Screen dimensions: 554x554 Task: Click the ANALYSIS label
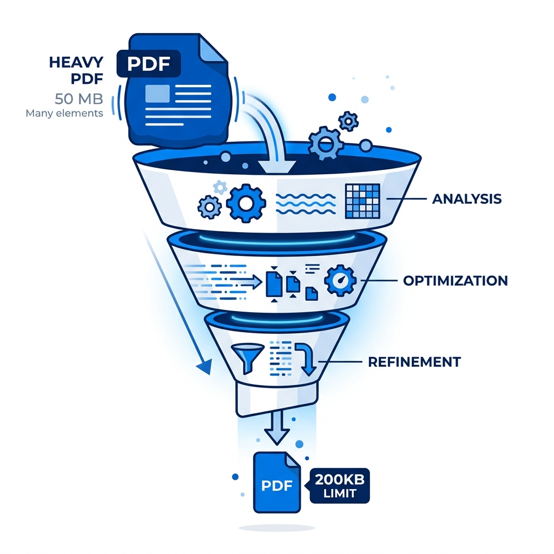[x=467, y=199]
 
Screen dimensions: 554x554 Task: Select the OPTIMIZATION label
[x=456, y=281]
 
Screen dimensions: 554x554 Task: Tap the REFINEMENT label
[x=414, y=362]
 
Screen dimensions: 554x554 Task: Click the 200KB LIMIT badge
[x=339, y=486]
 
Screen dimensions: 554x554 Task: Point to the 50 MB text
[x=79, y=99]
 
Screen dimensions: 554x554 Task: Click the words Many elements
[x=64, y=114]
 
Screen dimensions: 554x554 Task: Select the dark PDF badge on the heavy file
[x=149, y=64]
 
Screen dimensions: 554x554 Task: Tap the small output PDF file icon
[x=277, y=482]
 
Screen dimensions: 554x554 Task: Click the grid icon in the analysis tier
[x=362, y=201]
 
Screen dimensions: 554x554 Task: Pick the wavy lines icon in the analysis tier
[x=306, y=204]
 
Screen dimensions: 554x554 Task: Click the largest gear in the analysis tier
[x=246, y=203]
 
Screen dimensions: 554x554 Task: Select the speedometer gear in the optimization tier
[x=340, y=280]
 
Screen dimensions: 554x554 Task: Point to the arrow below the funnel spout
[x=277, y=428]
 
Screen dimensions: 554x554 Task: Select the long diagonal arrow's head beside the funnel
[x=205, y=366]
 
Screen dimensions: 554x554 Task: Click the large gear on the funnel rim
[x=325, y=143]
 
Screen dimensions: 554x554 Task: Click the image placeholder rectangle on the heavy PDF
[x=157, y=94]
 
